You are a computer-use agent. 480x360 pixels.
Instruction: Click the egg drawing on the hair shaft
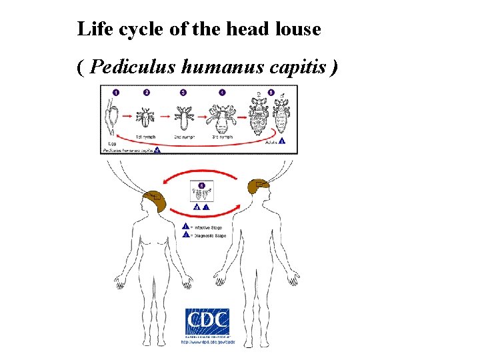click(x=112, y=115)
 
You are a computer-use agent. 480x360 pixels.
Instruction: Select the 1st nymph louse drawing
click(x=145, y=117)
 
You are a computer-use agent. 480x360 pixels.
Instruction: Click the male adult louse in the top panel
click(x=281, y=117)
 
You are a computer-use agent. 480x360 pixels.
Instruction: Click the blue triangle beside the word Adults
click(x=282, y=141)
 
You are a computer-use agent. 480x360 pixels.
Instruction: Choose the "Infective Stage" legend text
click(x=208, y=227)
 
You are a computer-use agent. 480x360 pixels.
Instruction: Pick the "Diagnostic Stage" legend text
click(x=209, y=235)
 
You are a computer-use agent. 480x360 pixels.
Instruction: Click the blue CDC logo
click(x=207, y=322)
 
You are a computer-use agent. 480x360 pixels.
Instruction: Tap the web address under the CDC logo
click(x=209, y=343)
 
